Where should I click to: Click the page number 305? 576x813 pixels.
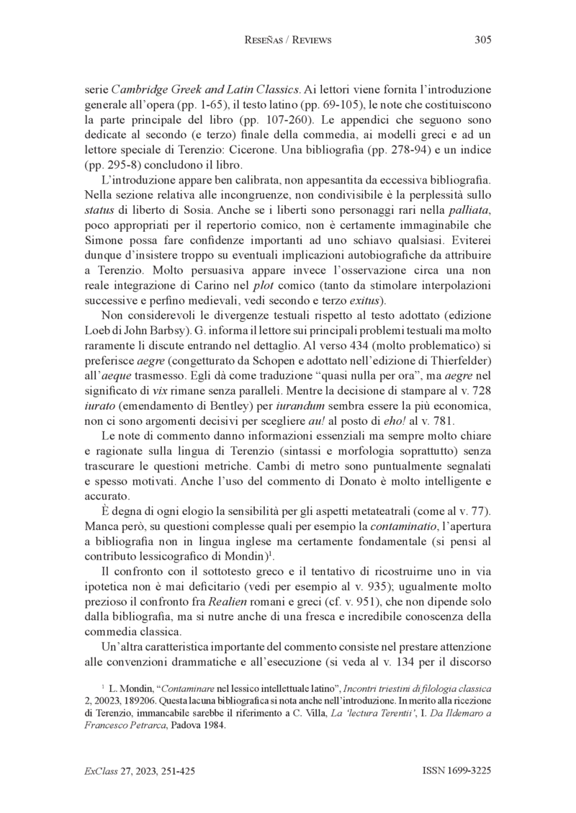tap(482, 40)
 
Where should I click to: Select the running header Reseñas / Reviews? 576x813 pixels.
tap(288, 40)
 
